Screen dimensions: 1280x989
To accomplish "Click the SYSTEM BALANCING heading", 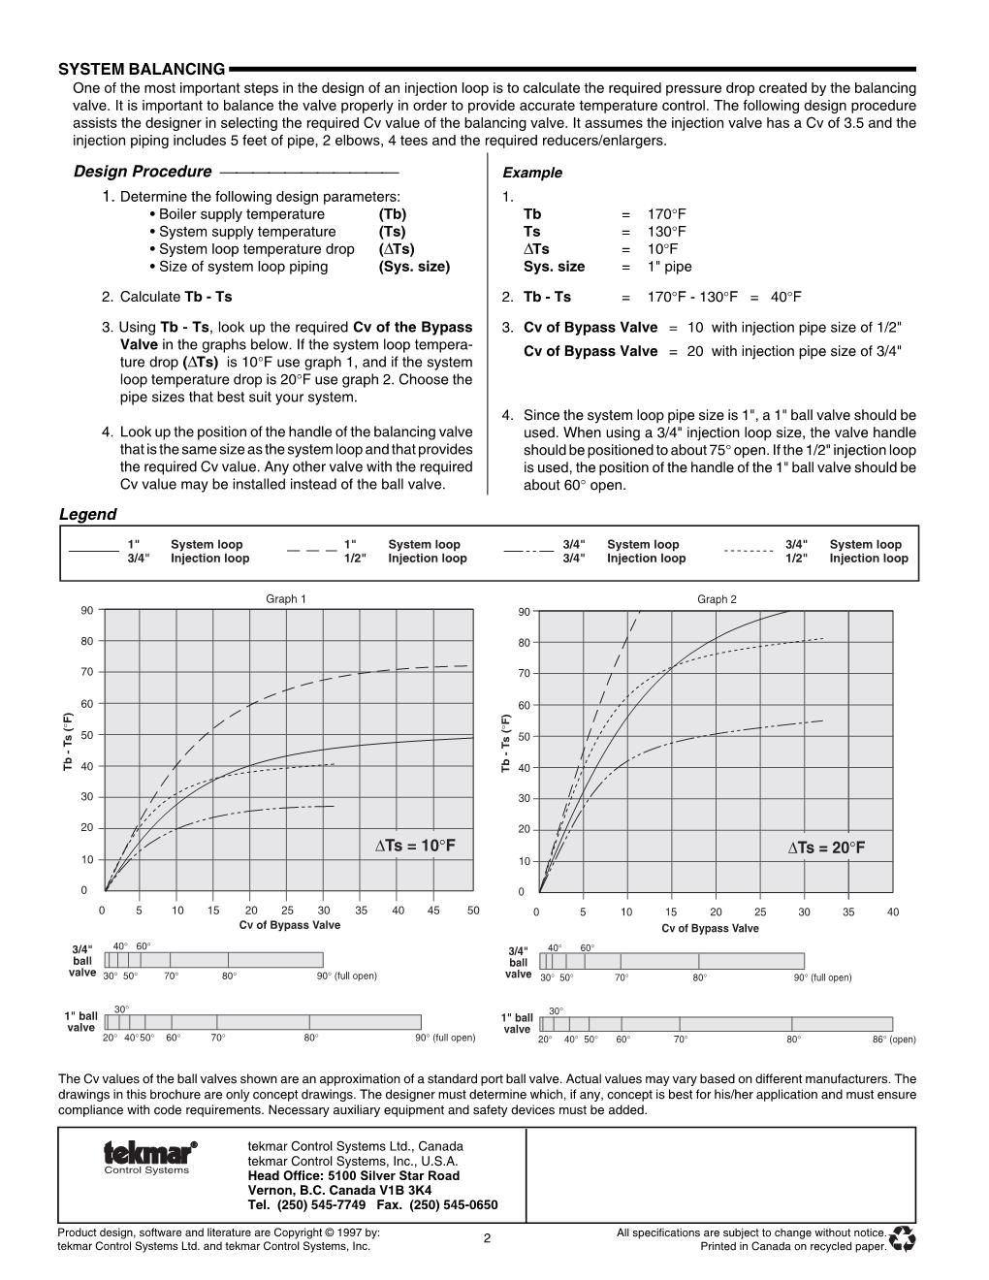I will click(x=142, y=69).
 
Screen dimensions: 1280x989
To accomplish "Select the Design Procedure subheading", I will click(x=143, y=172).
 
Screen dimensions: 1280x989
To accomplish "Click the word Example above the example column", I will click(x=532, y=173).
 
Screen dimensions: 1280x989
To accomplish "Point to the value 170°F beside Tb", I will click(x=667, y=214).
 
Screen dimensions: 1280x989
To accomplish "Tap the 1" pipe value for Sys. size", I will click(x=670, y=267).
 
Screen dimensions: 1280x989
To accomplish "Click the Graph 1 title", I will click(x=286, y=599).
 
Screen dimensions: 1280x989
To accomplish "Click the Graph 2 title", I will click(x=717, y=599).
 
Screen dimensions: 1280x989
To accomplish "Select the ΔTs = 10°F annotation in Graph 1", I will click(x=415, y=846).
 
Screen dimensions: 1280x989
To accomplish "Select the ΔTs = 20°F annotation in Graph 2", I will click(x=826, y=848).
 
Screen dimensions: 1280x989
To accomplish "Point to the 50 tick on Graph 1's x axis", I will click(x=473, y=911).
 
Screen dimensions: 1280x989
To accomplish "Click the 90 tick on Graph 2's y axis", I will click(x=524, y=612).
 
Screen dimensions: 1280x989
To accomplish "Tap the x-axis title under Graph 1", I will click(x=290, y=925).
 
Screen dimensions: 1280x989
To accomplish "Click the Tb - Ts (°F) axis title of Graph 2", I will click(x=505, y=744).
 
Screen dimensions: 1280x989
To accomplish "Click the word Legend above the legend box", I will click(x=87, y=515).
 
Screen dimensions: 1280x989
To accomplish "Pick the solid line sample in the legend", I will click(x=93, y=551).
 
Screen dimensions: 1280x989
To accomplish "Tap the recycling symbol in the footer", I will click(x=903, y=1238).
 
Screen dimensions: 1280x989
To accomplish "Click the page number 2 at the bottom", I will click(x=487, y=1238).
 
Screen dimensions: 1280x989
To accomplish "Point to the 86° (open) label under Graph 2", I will click(x=894, y=1040).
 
